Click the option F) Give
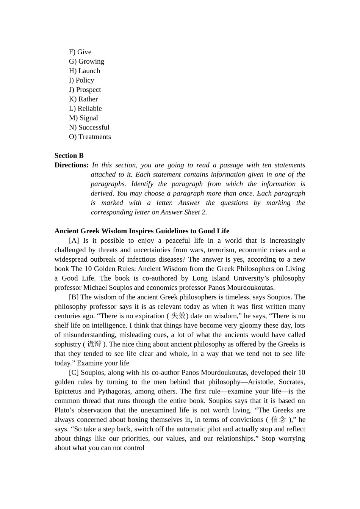point(80,52)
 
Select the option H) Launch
point(85,71)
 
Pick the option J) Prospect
point(85,90)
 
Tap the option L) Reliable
point(85,109)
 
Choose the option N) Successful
point(89,128)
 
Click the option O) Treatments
point(90,137)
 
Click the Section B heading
point(69,156)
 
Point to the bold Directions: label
point(71,165)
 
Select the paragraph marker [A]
point(74,240)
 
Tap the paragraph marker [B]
point(74,297)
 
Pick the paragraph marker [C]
point(74,373)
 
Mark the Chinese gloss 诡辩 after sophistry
point(94,344)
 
